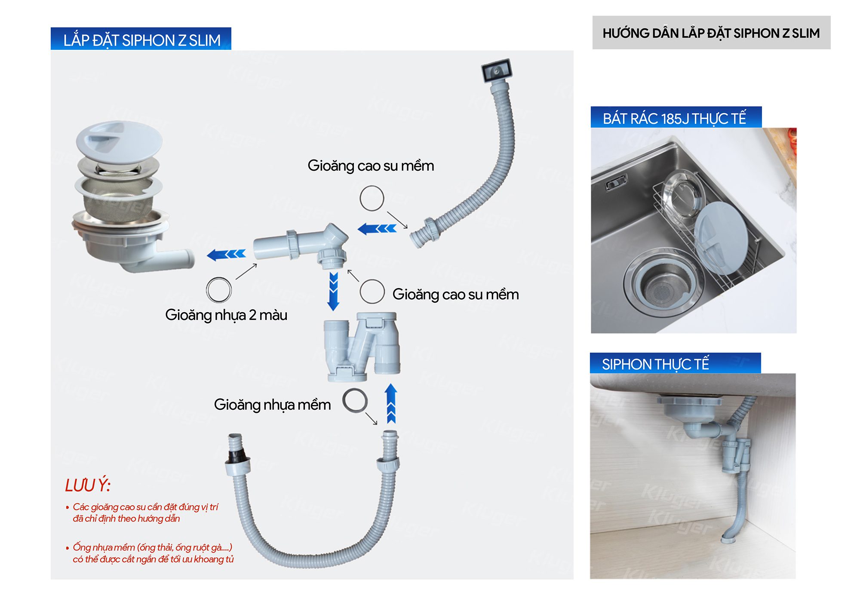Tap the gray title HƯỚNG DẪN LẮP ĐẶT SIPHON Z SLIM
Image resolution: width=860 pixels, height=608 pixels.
pos(711,33)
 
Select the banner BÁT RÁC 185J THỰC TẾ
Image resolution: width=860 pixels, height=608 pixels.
pos(674,118)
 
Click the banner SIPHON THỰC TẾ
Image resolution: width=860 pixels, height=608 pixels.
pos(655,364)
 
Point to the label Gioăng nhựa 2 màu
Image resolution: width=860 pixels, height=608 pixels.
pos(226,315)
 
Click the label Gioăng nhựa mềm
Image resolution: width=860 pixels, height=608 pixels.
pos(272,405)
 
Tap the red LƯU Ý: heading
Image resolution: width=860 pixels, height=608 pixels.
pos(88,485)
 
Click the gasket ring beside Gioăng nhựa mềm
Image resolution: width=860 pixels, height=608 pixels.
pos(355,401)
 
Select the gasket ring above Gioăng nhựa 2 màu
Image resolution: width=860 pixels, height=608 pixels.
pos(219,289)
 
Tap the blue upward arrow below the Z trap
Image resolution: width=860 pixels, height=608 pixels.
pos(390,403)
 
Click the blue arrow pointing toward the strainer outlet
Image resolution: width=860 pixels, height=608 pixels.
pos(226,255)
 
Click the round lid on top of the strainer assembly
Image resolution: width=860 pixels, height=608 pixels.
pos(119,141)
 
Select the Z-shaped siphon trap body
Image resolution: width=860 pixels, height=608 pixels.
pos(362,347)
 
